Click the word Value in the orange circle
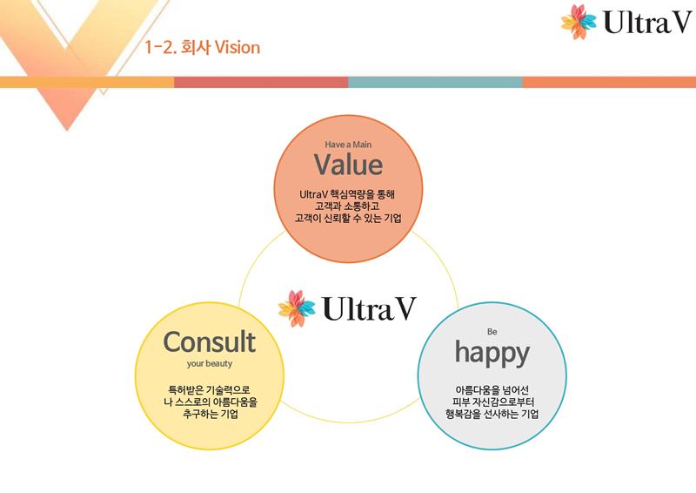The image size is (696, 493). pyautogui.click(x=349, y=165)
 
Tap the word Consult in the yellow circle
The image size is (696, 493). pyautogui.click(x=210, y=341)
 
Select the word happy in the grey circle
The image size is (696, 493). pyautogui.click(x=492, y=354)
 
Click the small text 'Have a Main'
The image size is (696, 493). pyautogui.click(x=348, y=145)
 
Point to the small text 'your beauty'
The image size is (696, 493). pyautogui.click(x=210, y=363)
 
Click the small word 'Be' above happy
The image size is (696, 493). pyautogui.click(x=492, y=332)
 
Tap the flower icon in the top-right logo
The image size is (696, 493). pyautogui.click(x=579, y=21)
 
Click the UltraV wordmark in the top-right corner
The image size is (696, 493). pyautogui.click(x=647, y=23)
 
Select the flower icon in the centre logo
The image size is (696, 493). pyautogui.click(x=297, y=308)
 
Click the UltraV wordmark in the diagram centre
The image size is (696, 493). pyautogui.click(x=370, y=308)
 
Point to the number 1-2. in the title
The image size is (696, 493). pyautogui.click(x=161, y=48)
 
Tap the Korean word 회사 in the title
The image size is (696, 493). pyautogui.click(x=196, y=48)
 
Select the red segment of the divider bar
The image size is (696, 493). pyautogui.click(x=261, y=82)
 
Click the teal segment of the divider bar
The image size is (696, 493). pyautogui.click(x=435, y=82)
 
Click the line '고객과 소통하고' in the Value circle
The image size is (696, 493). pyautogui.click(x=347, y=206)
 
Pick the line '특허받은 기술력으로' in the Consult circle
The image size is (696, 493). pyautogui.click(x=209, y=390)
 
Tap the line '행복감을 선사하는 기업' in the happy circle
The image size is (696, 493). pyautogui.click(x=492, y=415)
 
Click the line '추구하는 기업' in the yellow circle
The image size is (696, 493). pyautogui.click(x=211, y=415)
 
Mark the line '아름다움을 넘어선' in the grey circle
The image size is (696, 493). pyautogui.click(x=492, y=390)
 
